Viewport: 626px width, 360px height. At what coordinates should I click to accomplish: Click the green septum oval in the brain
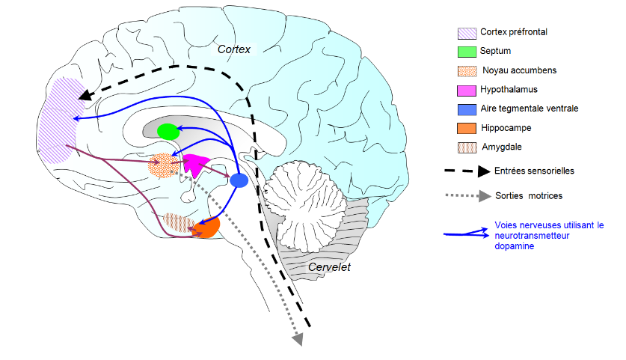[x=168, y=132]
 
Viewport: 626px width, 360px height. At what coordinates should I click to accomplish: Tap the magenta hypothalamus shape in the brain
[x=196, y=164]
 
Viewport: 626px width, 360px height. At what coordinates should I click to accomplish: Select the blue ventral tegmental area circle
[x=239, y=180]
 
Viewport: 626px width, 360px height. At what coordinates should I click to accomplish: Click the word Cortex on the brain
[x=236, y=49]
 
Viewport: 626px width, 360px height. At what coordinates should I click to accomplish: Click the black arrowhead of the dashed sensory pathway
[x=86, y=95]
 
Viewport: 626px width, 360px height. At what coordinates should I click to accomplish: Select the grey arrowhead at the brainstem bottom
[x=298, y=339]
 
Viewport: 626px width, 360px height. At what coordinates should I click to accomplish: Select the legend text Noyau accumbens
[x=519, y=70]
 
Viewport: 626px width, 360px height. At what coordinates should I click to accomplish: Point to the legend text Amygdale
[x=503, y=147]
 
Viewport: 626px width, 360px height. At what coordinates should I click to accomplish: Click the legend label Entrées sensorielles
[x=534, y=171]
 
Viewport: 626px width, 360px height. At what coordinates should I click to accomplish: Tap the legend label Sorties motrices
[x=527, y=195]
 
